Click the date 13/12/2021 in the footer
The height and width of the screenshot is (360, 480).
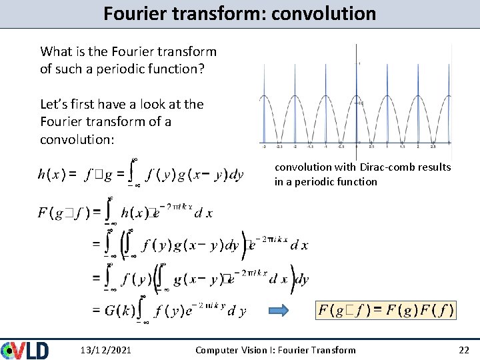tap(105, 350)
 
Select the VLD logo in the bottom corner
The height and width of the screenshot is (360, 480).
tap(25, 350)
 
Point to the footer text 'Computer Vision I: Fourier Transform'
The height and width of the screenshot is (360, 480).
tap(275, 350)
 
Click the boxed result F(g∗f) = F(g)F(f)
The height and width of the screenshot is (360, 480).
tap(386, 310)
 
